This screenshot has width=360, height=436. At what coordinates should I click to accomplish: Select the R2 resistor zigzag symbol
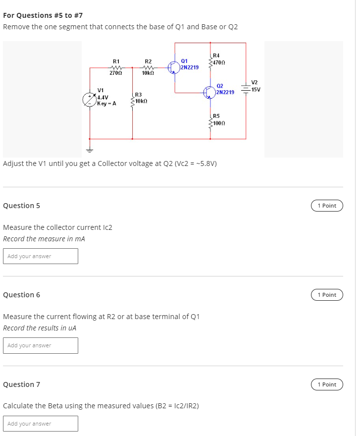pos(148,67)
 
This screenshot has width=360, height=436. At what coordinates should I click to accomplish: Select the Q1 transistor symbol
pos(174,67)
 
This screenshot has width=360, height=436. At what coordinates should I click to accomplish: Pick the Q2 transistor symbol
pos(209,92)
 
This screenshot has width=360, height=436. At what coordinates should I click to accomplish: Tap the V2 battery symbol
pos(246,89)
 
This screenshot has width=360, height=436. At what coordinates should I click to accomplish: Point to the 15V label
pos(256,90)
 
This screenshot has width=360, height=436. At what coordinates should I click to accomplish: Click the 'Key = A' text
pos(106,104)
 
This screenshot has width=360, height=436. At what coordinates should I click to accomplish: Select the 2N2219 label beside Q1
pos(190,67)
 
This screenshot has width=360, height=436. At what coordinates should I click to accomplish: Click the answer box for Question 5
pos(41,256)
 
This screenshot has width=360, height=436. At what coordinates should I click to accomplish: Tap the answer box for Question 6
pos(41,345)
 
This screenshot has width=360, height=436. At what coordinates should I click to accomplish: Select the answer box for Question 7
pos(41,424)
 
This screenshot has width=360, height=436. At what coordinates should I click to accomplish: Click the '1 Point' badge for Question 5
pos(327,206)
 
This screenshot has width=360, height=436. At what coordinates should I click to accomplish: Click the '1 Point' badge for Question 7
pos(327,384)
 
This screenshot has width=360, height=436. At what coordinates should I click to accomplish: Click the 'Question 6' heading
pos(22,295)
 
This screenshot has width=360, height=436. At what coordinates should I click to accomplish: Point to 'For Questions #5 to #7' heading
pos(43,15)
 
